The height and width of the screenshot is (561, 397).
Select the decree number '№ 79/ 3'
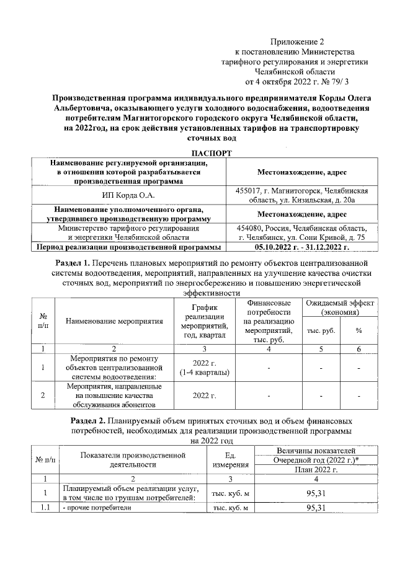tap(335, 81)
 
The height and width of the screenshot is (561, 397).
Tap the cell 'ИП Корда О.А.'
tap(129, 196)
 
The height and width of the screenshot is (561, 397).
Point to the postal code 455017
tap(249, 191)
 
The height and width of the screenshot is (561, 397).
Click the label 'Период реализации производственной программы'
tap(129, 247)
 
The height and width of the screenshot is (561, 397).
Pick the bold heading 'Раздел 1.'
tap(73, 263)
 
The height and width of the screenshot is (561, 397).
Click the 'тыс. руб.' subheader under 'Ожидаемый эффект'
tap(321, 330)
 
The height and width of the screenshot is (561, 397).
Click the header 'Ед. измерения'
tap(230, 460)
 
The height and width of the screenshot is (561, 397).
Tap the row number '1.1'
tap(45, 508)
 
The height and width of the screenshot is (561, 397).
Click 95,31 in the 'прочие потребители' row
tap(316, 508)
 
